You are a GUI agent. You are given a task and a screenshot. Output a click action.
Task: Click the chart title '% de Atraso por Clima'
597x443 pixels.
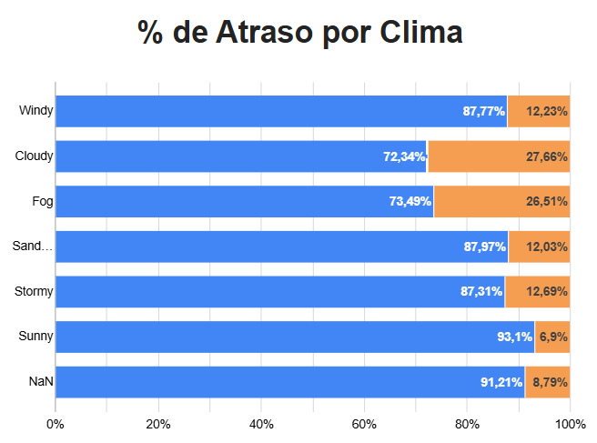point(300,33)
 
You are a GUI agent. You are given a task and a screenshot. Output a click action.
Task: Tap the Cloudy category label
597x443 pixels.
point(35,156)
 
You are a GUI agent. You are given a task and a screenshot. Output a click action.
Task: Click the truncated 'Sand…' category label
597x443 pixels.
point(34,247)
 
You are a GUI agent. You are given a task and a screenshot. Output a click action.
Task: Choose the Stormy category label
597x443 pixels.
point(35,292)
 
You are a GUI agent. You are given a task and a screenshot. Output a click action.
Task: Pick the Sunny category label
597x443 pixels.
point(36,337)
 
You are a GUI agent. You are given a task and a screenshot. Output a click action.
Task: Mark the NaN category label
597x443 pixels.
point(41,382)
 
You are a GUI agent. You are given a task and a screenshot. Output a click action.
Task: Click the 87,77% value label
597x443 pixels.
point(483,111)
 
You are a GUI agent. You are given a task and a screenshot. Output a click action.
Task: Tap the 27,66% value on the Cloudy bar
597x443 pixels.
point(547,156)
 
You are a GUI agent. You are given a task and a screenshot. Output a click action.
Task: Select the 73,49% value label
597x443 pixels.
point(410,201)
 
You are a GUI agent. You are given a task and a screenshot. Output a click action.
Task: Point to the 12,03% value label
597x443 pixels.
point(547,247)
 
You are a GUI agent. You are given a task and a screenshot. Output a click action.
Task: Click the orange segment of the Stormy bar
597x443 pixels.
point(537,292)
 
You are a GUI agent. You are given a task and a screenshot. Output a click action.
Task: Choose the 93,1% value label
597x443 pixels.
point(514,337)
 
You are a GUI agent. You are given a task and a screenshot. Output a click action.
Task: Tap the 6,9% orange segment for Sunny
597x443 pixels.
point(553,337)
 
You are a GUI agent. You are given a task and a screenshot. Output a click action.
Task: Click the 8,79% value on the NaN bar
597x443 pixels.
point(550,382)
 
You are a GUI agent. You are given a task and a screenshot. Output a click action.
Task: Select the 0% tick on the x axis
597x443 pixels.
point(56,424)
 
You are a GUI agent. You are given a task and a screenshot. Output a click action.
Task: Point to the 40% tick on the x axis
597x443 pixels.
point(261,424)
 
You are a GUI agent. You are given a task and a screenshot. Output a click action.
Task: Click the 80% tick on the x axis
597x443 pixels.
point(467,424)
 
